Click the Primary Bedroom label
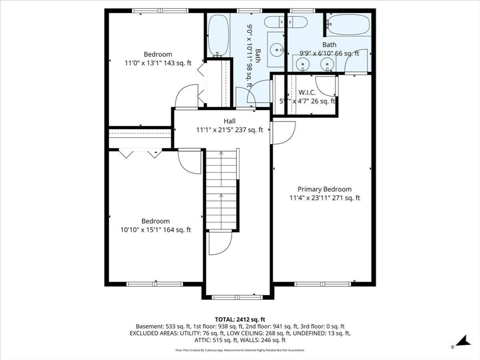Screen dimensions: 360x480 [x=324, y=189]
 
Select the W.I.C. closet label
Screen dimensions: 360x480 [x=307, y=92]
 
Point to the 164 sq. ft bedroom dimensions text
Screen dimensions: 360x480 [x=156, y=230]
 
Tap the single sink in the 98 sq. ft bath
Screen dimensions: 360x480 [x=278, y=48]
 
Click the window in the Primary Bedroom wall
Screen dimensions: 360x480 [x=322, y=284]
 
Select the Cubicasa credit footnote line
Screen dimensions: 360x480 [x=240, y=350]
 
